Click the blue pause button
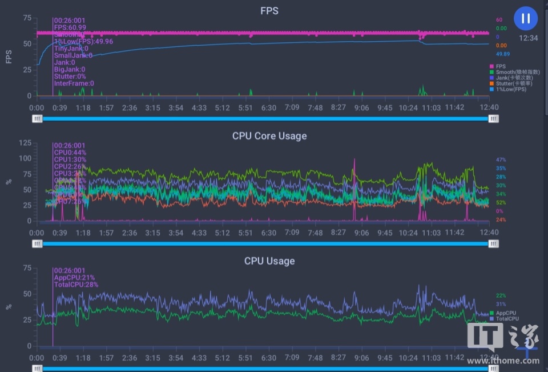[x=526, y=18]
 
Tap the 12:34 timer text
[x=528, y=38]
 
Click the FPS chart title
[x=269, y=10]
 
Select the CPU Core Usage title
[x=269, y=136]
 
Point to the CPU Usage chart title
[x=269, y=261]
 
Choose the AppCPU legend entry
[x=510, y=313]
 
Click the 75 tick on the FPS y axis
[x=27, y=18]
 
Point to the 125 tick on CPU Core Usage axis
[x=25, y=143]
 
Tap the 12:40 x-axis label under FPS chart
[x=489, y=107]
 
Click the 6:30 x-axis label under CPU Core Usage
[x=269, y=233]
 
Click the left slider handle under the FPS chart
[x=37, y=118]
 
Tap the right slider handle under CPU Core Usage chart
[x=494, y=243]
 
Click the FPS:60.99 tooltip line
[x=70, y=27]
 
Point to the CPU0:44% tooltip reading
[x=70, y=153]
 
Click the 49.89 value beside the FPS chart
[x=502, y=54]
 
